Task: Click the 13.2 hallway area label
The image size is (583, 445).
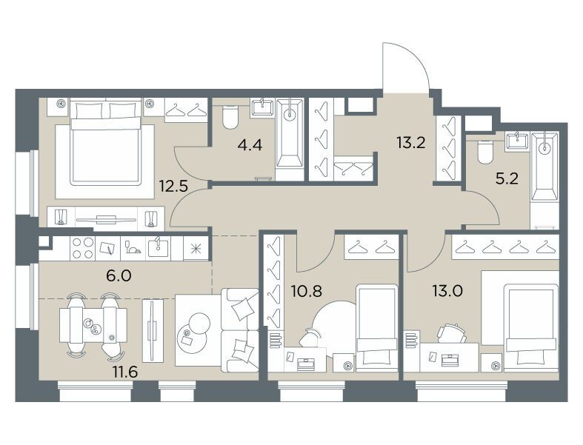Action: coord(410,142)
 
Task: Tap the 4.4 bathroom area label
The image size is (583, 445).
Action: coord(250,145)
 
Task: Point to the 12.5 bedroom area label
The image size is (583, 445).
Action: coord(173,185)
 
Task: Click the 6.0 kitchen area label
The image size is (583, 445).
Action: coord(119,276)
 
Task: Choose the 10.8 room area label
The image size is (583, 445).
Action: coord(307,292)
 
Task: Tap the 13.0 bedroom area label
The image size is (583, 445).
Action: coord(447,291)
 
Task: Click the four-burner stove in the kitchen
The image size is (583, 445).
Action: coord(82,248)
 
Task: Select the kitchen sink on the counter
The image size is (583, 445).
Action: coord(158,247)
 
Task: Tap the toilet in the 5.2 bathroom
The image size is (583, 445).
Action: coord(484,153)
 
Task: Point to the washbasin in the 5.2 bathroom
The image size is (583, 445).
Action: coord(517,141)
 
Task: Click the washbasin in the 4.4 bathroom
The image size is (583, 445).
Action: coord(262,107)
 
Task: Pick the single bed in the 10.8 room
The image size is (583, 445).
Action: coord(376,328)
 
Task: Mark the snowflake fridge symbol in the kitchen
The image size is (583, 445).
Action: coord(196,248)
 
